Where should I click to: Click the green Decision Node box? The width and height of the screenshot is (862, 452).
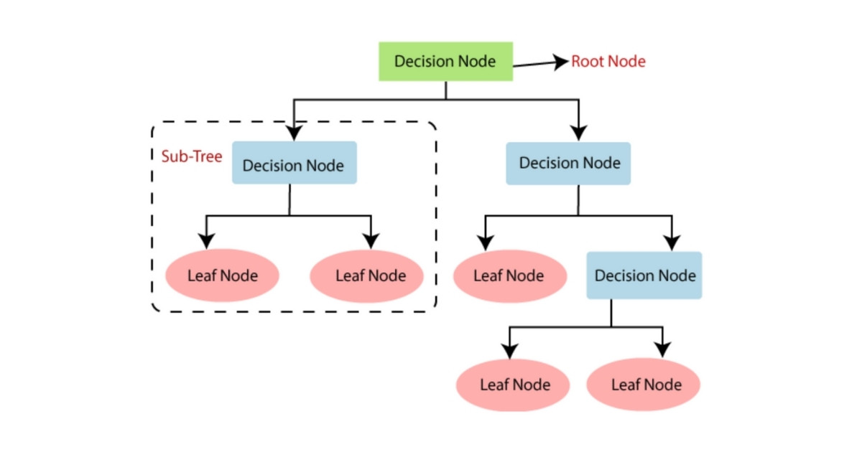[445, 61]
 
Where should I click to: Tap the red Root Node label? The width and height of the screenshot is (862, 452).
[608, 62]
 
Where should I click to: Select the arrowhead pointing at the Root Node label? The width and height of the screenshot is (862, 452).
[560, 62]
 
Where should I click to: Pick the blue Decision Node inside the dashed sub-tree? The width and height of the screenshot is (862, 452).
[294, 164]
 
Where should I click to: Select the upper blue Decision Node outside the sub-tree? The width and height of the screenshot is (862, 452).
[568, 163]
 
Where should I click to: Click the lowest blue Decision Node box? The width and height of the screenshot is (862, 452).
[644, 276]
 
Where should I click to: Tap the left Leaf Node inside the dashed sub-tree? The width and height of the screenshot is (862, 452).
[222, 276]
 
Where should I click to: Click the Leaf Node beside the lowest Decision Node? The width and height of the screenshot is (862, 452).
[509, 276]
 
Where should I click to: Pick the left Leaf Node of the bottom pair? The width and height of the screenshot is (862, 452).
[514, 385]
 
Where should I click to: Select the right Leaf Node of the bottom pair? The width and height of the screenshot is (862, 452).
[645, 385]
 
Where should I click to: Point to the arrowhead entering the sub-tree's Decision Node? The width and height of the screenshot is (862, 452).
[294, 133]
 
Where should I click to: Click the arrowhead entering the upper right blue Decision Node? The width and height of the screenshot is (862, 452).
[579, 132]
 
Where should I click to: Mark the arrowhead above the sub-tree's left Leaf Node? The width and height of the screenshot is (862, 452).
[207, 240]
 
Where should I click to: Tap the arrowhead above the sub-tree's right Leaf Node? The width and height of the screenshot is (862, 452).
[371, 240]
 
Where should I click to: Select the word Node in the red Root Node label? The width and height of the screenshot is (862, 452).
[627, 62]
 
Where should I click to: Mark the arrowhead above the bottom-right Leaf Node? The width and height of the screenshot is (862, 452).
[662, 350]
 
